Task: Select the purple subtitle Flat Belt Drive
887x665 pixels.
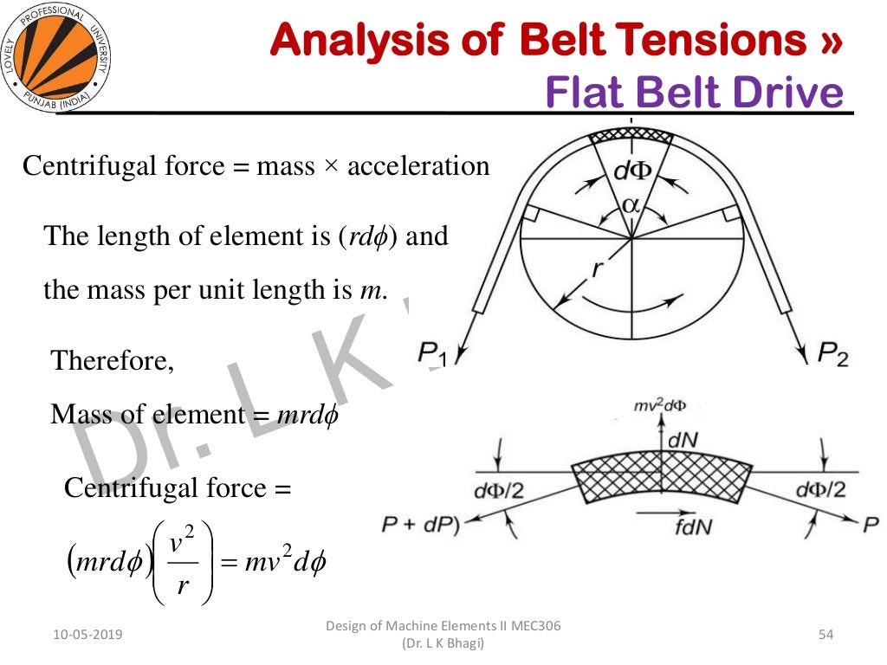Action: pos(693,93)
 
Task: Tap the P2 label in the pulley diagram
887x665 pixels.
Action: pos(833,353)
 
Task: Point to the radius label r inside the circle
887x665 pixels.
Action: pos(596,268)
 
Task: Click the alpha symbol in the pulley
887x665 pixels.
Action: pos(631,206)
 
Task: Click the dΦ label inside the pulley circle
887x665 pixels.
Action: pos(631,171)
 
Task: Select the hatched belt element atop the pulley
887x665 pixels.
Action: pos(631,136)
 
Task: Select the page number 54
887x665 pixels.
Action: pos(825,636)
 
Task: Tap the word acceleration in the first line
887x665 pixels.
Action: pos(418,165)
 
